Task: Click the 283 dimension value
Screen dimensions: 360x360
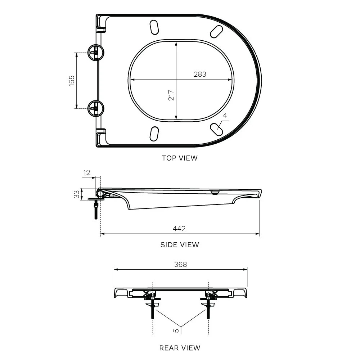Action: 200,74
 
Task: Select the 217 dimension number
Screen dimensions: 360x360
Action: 171,95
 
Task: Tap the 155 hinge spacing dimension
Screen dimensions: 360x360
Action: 72,81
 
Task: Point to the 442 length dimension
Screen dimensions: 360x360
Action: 179,229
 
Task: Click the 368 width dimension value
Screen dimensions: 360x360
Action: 180,265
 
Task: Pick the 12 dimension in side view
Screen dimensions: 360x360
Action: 86,172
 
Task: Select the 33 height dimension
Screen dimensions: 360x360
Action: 76,194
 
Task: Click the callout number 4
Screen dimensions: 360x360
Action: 225,115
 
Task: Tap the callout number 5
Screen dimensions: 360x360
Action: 176,330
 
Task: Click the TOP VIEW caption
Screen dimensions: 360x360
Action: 180,158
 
